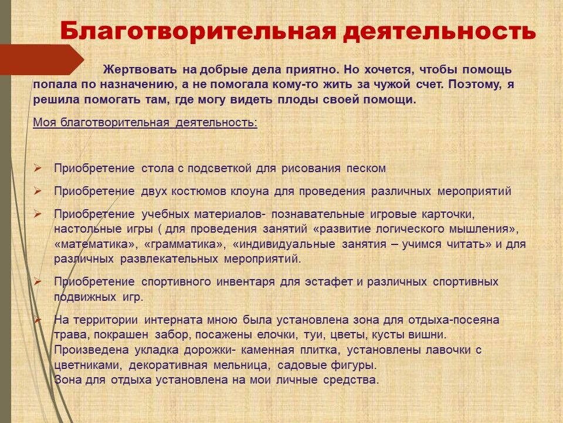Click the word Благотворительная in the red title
point(198,31)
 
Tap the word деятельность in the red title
point(439,32)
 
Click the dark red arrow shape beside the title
point(42,60)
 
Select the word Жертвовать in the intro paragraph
point(140,69)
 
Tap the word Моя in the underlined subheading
point(45,122)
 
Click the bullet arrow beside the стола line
point(38,168)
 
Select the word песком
point(366,169)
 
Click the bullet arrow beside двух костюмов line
point(38,191)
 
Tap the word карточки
point(447,214)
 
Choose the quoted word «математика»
point(96,244)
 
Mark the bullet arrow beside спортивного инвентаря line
point(38,281)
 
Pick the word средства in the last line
point(351,380)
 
